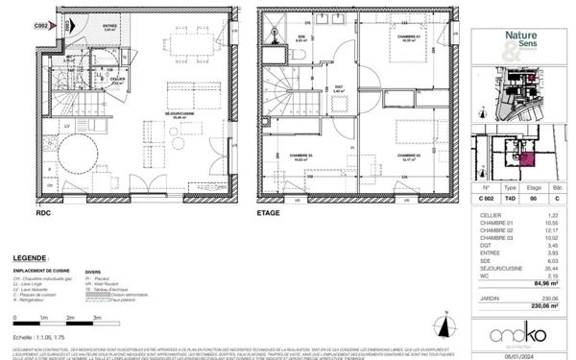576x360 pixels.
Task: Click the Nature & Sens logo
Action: coord(524,39)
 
